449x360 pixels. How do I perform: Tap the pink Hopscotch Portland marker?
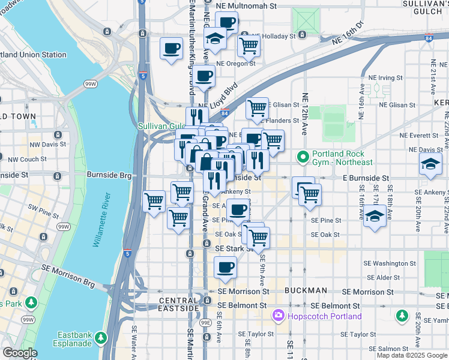(278, 316)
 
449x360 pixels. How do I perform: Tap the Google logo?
(20, 353)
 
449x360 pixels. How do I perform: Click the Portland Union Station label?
(33, 55)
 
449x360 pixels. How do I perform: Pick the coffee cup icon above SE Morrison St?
(226, 268)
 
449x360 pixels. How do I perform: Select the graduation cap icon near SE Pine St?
(375, 217)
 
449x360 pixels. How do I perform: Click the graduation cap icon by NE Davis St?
(430, 164)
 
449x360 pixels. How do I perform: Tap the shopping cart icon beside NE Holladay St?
(249, 45)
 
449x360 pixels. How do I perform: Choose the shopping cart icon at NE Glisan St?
(257, 109)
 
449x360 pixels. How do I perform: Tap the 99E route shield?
(205, 322)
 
